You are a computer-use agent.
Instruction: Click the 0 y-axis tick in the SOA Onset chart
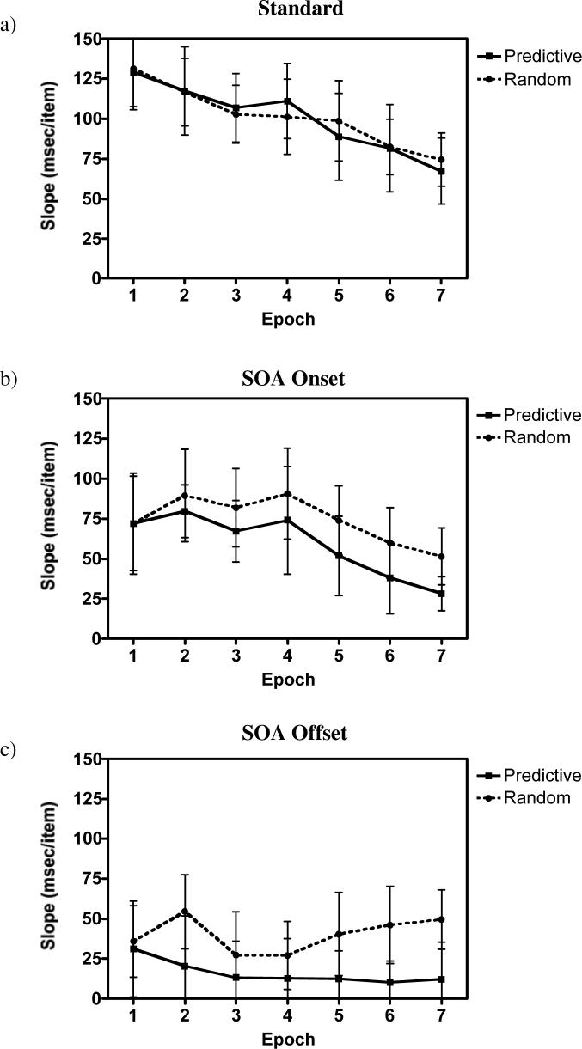[93, 639]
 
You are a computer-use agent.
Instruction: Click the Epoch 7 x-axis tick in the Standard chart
[441, 295]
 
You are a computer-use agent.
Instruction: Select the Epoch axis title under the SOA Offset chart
[287, 1039]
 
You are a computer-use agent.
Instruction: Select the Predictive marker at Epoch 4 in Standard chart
[287, 101]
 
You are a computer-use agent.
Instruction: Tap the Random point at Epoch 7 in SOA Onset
[441, 557]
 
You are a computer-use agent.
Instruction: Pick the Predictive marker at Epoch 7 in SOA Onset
[441, 594]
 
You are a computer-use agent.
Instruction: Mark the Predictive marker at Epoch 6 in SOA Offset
[389, 982]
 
